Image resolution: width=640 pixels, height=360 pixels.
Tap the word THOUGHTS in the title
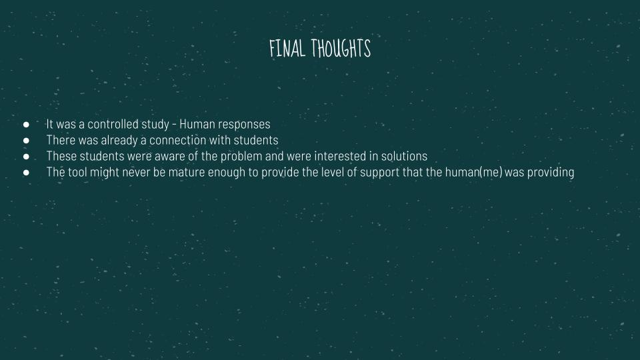(341, 48)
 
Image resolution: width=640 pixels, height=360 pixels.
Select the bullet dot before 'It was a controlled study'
(26, 124)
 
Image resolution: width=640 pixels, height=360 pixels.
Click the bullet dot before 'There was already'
(26, 141)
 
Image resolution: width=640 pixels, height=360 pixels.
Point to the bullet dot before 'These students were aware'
(26, 156)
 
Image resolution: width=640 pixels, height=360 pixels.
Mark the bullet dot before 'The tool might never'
(26, 172)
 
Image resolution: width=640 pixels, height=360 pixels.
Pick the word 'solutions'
(404, 156)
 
